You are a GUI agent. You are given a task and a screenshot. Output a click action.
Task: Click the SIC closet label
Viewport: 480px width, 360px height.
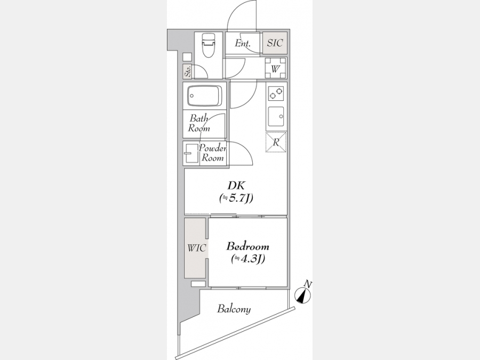click(x=275, y=43)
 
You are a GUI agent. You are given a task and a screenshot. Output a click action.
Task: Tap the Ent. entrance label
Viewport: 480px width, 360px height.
click(x=243, y=44)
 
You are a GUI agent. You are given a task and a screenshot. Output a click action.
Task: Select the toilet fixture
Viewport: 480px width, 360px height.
click(x=208, y=45)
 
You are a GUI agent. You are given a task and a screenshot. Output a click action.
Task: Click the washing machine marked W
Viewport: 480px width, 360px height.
click(x=275, y=69)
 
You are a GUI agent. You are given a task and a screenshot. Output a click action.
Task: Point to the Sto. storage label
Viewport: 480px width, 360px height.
click(x=187, y=71)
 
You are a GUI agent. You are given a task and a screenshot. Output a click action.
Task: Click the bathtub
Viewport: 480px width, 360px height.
click(x=205, y=96)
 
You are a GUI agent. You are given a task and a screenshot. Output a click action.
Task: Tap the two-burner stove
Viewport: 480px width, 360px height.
click(x=276, y=93)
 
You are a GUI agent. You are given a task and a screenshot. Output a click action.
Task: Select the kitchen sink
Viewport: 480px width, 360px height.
click(x=276, y=116)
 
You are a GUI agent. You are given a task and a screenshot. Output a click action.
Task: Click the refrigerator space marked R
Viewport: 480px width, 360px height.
click(x=276, y=142)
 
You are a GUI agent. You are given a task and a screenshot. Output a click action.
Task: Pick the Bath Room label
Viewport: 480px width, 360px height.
click(x=199, y=123)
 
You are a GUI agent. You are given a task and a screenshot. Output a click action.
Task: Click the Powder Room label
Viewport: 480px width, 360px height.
click(x=213, y=154)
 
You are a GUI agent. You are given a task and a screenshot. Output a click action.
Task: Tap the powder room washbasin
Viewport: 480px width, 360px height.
click(x=191, y=153)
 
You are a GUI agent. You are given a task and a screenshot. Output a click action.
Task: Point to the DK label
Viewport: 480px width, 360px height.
click(x=236, y=186)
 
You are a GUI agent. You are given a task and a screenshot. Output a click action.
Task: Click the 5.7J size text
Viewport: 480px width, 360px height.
click(x=236, y=198)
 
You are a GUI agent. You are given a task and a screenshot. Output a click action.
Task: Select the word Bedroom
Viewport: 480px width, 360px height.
click(x=247, y=246)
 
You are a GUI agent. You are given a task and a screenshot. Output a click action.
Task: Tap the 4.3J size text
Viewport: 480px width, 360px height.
click(x=248, y=259)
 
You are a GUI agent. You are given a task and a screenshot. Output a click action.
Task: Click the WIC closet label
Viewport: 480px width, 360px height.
click(x=196, y=248)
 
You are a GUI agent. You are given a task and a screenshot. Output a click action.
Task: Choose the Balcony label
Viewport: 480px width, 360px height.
click(x=234, y=309)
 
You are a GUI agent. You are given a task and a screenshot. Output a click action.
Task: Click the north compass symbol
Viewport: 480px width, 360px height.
click(x=303, y=296)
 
